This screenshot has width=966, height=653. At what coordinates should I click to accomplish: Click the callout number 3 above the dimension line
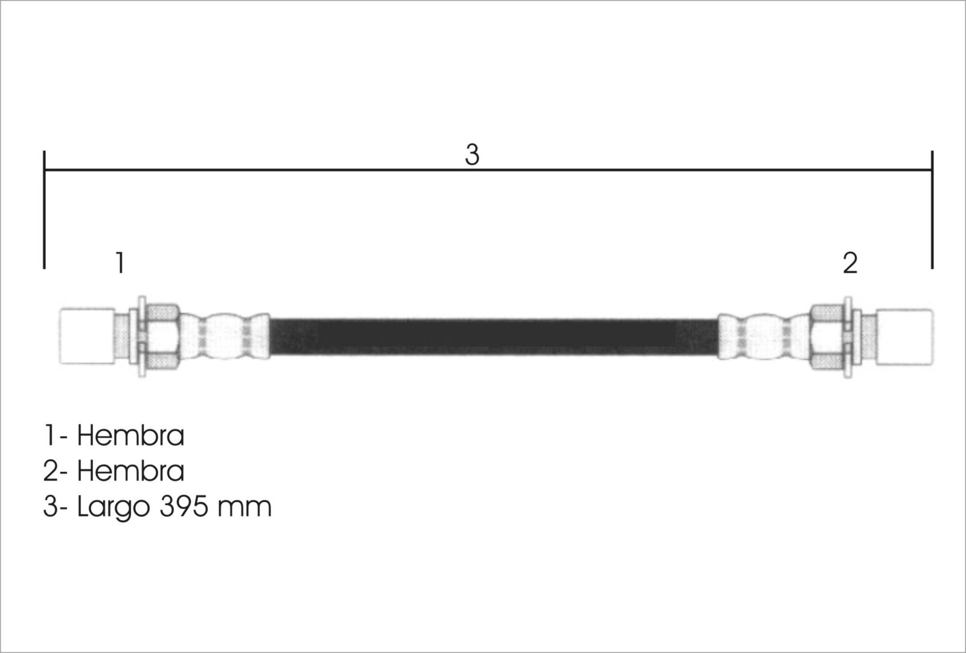(472, 154)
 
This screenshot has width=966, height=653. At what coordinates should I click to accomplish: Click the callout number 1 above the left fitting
(120, 263)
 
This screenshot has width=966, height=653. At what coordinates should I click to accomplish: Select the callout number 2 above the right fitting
(850, 263)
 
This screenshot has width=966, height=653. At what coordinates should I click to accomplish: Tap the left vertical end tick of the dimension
(45, 209)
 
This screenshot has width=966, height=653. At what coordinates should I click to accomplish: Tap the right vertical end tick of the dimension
(932, 209)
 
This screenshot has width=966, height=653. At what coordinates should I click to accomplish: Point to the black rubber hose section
(494, 337)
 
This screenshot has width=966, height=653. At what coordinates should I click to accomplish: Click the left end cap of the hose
(87, 337)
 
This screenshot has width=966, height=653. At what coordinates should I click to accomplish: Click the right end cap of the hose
(905, 337)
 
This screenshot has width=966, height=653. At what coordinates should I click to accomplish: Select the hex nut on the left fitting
(162, 337)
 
